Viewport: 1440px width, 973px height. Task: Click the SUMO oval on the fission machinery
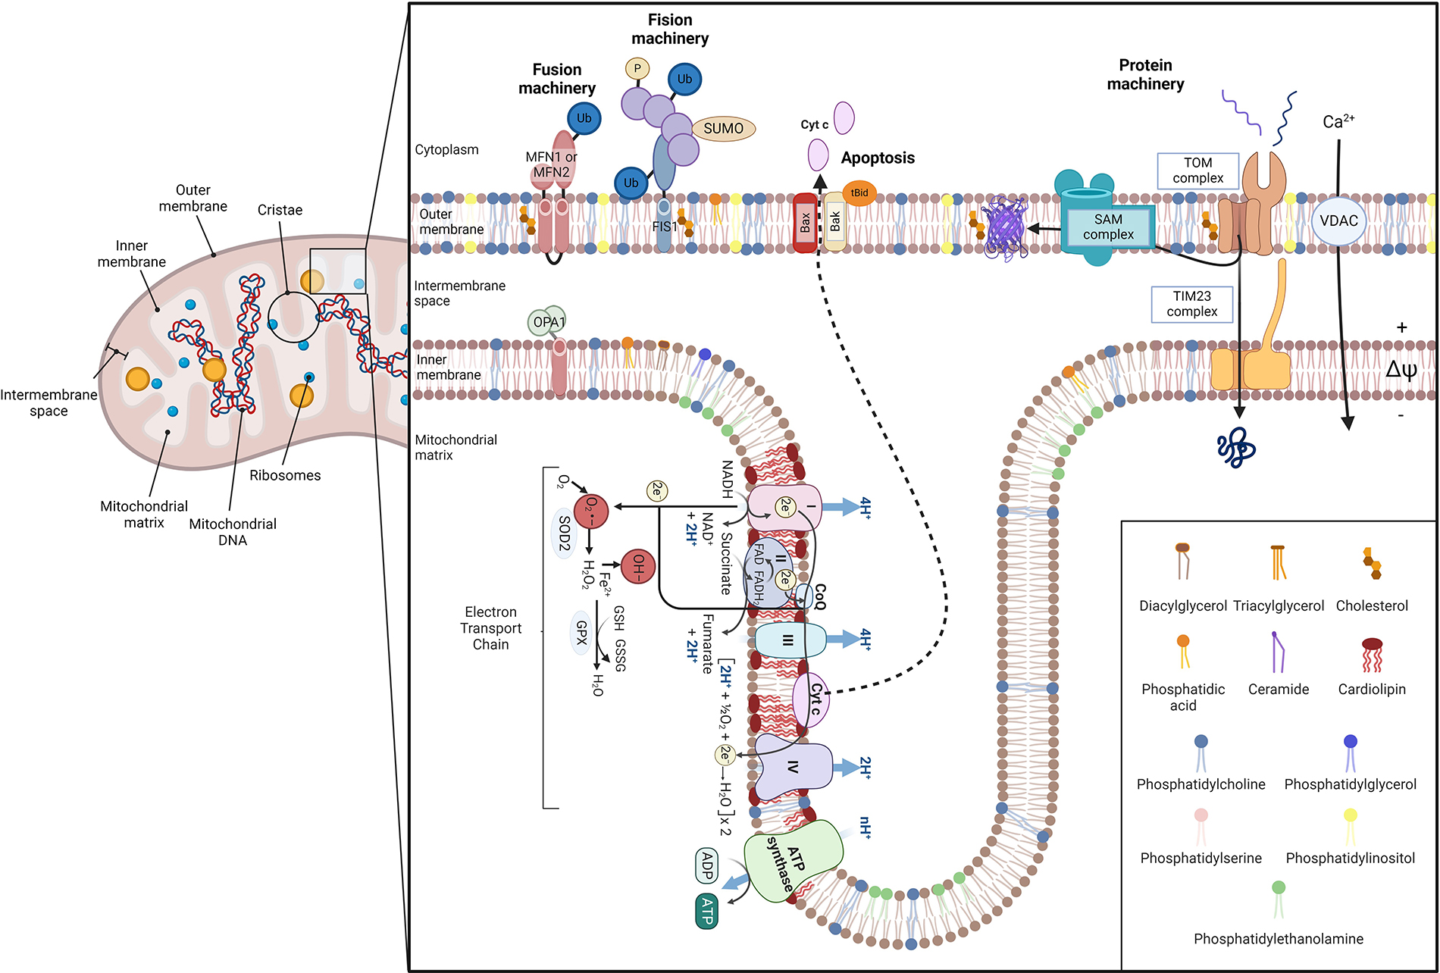point(723,129)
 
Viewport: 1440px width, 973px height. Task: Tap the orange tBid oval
point(859,192)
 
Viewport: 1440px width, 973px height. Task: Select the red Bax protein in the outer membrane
point(805,223)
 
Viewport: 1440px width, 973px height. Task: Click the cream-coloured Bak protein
point(834,222)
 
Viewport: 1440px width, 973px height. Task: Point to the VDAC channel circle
point(1338,221)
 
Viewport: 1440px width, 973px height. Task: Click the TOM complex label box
point(1197,171)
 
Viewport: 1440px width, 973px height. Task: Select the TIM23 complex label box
point(1191,304)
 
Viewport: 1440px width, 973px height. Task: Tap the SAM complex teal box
point(1108,227)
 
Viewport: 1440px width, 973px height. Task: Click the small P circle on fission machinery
point(637,69)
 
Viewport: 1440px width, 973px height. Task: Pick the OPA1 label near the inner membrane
point(549,322)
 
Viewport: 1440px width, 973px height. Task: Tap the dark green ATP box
point(707,911)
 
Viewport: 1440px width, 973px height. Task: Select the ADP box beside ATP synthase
point(707,865)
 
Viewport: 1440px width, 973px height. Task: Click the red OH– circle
point(638,567)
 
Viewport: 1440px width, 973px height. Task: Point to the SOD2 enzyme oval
point(564,533)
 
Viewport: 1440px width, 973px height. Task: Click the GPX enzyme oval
point(581,633)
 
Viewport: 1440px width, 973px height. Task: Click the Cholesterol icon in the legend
point(1372,563)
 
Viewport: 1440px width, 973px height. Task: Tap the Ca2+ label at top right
point(1338,121)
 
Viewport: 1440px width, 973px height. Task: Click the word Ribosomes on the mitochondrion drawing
point(285,476)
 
